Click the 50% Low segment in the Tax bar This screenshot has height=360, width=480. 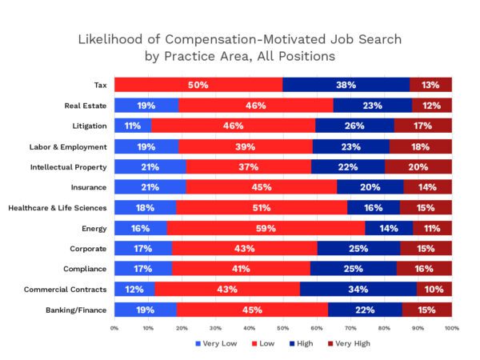tap(198, 85)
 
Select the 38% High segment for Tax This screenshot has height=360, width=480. tap(346, 85)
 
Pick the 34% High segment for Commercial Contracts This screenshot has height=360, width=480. tap(358, 289)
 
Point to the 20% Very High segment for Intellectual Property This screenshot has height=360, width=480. tap(418, 166)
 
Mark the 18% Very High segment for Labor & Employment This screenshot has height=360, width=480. tap(420, 146)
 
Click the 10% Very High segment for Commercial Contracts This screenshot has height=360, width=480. tap(434, 289)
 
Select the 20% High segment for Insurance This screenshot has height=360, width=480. tap(370, 187)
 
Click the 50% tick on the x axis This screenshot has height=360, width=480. tap(283, 328)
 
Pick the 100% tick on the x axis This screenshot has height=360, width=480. tap(450, 328)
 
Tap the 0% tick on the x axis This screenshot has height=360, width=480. tap(115, 328)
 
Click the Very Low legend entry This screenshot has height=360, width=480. tap(217, 343)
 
